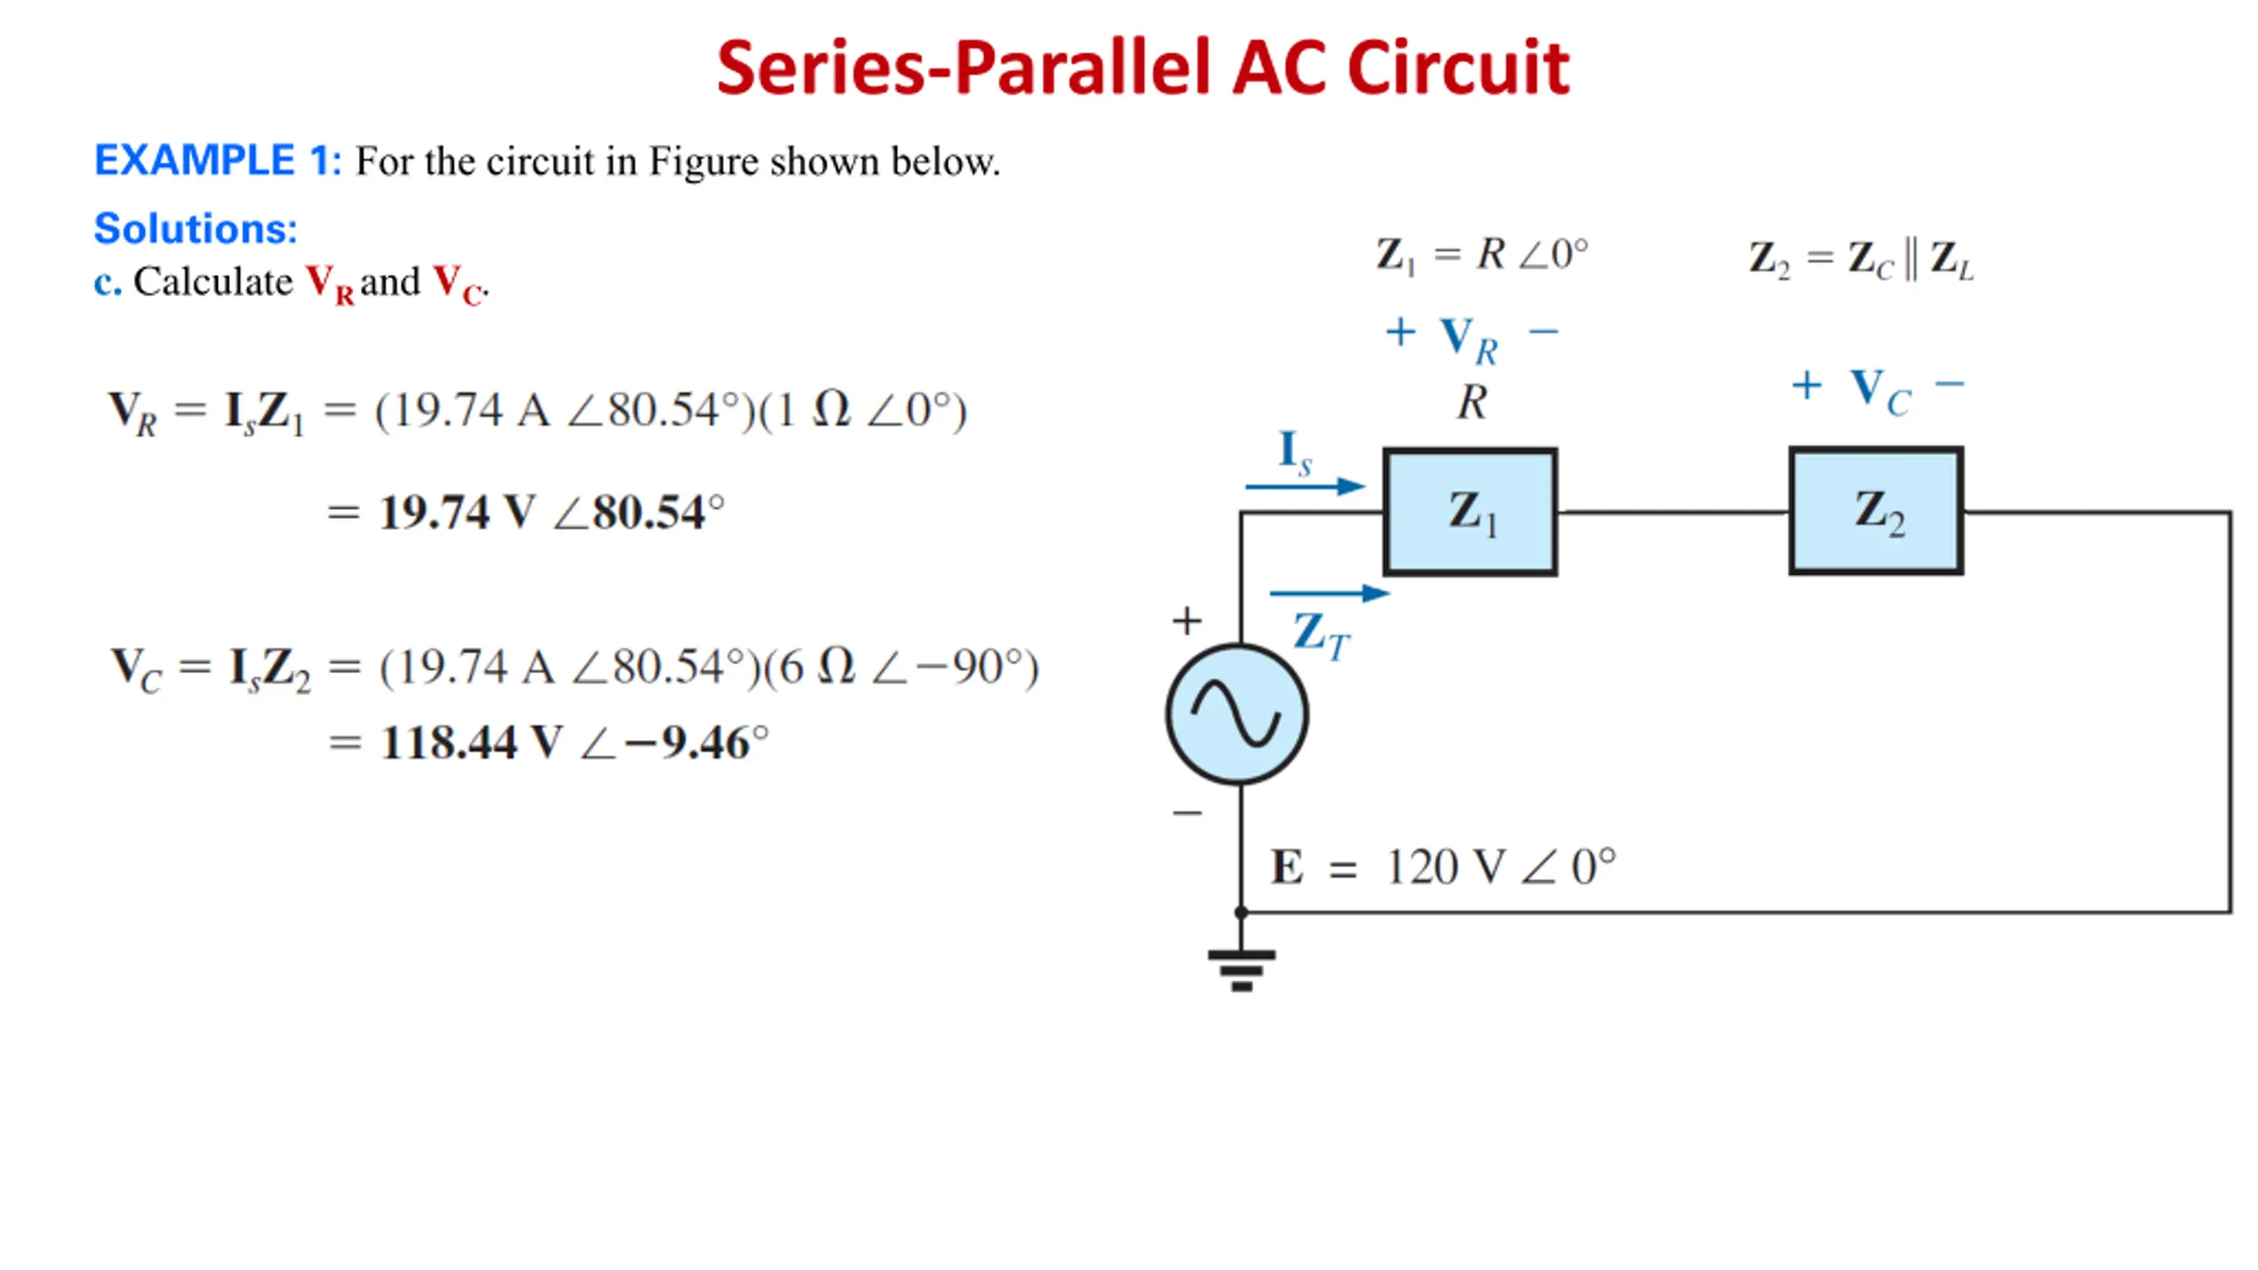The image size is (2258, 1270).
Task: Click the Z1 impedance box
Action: [1469, 512]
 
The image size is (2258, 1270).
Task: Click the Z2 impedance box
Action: [1876, 512]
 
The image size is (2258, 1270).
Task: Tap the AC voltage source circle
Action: [1237, 714]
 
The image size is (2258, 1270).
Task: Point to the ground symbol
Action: [1241, 970]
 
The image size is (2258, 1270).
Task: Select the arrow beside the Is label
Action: [1305, 486]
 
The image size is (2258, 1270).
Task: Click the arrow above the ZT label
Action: [1330, 594]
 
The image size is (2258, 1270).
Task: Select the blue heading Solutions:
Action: [196, 228]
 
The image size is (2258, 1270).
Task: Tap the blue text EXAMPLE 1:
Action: [217, 161]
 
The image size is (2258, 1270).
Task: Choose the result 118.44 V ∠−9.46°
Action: [574, 742]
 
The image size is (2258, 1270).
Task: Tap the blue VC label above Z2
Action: [1880, 391]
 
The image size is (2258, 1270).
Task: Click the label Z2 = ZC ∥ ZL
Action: [1861, 259]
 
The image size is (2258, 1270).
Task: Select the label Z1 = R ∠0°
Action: [1482, 256]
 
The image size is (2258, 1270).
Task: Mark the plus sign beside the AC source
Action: [1187, 621]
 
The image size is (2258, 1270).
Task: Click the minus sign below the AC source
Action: [1187, 812]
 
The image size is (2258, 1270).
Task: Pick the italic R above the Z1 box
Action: [1471, 403]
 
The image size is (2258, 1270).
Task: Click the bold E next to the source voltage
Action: [1287, 867]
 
